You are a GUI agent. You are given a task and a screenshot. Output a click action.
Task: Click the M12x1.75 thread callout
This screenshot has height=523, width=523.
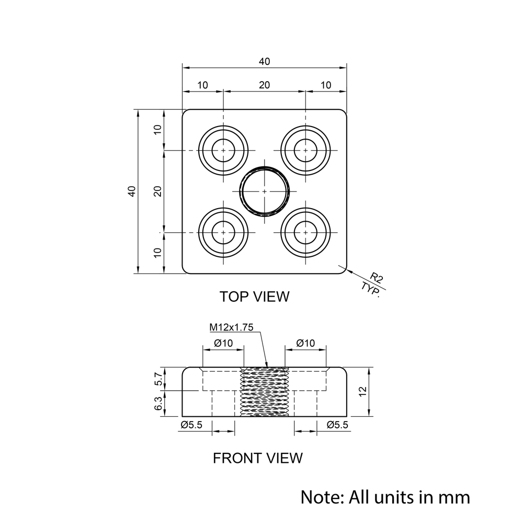(231, 327)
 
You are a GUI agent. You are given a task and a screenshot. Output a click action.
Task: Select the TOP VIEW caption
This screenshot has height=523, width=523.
(254, 297)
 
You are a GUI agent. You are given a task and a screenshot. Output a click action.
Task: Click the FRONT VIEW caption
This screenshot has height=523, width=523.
(257, 458)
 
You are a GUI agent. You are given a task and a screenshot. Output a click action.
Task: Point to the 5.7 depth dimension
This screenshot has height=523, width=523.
(160, 379)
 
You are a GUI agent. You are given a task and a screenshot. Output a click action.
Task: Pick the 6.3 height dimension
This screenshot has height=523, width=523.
(160, 403)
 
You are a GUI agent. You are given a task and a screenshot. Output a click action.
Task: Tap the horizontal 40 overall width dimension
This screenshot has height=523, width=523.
(265, 62)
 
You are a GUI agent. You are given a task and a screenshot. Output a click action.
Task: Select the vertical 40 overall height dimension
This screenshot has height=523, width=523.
(132, 191)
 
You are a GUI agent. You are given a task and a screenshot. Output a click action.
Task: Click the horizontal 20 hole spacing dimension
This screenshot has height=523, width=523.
(265, 85)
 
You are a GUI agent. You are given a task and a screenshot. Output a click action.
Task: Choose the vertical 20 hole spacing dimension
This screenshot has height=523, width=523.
(157, 191)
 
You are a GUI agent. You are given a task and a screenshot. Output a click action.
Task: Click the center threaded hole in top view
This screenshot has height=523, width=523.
(265, 191)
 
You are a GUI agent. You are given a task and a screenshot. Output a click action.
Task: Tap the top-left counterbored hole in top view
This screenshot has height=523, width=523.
(223, 151)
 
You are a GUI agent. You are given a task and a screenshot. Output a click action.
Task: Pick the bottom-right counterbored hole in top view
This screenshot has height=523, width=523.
(305, 233)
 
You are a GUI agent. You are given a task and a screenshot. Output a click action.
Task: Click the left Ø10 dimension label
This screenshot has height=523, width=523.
(223, 343)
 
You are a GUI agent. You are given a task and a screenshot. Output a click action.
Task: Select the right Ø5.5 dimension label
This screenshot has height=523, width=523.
(337, 425)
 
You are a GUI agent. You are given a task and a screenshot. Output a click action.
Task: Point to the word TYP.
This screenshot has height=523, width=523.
(371, 290)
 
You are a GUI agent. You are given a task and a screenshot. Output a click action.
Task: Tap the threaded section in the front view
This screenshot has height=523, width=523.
(265, 392)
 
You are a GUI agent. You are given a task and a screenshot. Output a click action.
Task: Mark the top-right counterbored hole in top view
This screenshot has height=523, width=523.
(305, 151)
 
